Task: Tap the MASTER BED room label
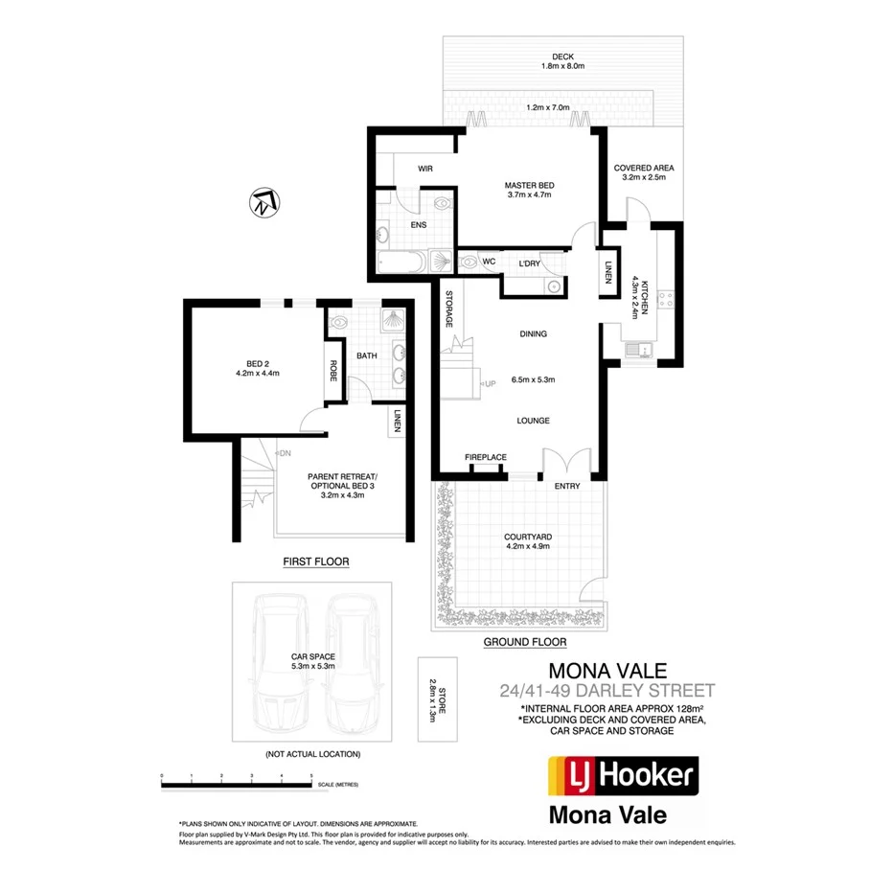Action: click(530, 185)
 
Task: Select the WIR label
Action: click(426, 169)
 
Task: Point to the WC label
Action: click(488, 261)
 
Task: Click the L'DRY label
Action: click(529, 263)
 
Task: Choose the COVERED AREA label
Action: click(643, 168)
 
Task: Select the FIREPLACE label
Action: click(486, 457)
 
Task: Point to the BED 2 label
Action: click(256, 363)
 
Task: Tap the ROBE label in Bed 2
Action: click(333, 370)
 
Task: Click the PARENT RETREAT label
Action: click(342, 476)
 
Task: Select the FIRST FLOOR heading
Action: click(315, 561)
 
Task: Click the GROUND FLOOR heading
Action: click(524, 642)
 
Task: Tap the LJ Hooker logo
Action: click(621, 777)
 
